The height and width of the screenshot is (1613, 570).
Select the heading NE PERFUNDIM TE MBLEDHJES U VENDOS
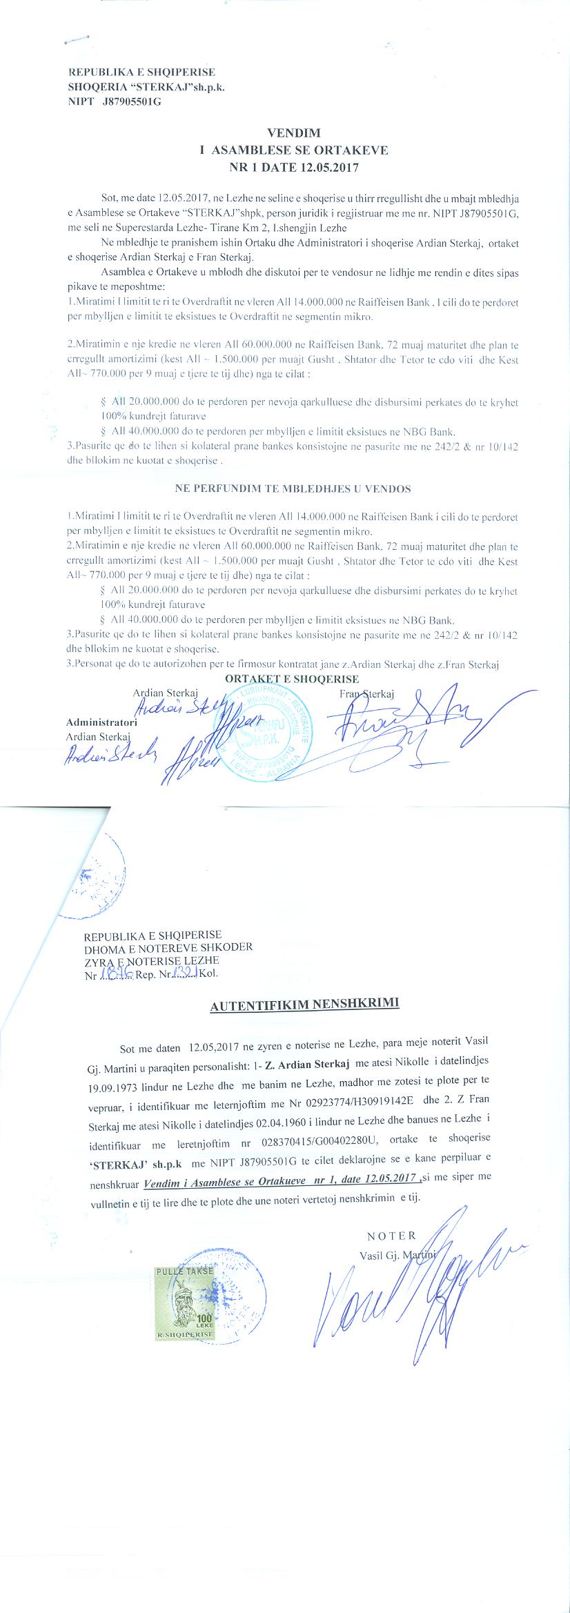tap(293, 489)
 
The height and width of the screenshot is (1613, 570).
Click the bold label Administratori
tap(101, 722)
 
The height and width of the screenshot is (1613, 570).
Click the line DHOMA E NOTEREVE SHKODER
tap(168, 948)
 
